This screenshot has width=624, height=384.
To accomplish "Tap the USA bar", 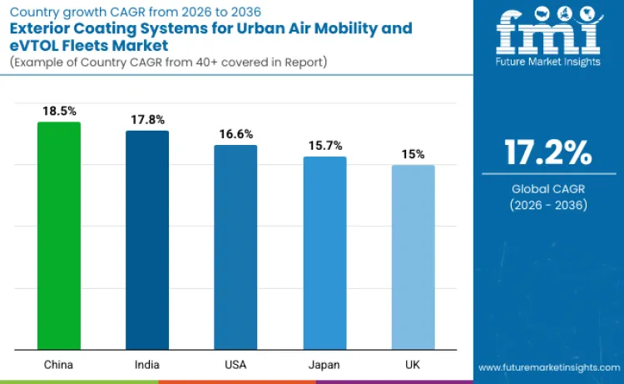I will pyautogui.click(x=235, y=247).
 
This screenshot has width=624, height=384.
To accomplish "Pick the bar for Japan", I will pyautogui.click(x=324, y=253).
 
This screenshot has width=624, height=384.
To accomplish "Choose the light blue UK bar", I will pyautogui.click(x=413, y=257).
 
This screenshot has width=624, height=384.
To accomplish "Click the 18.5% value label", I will pyautogui.click(x=59, y=110).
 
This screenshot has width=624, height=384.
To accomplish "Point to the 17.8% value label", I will pyautogui.click(x=147, y=119).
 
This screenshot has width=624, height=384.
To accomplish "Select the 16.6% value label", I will pyautogui.click(x=235, y=133).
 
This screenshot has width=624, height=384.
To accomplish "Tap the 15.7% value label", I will pyautogui.click(x=324, y=145).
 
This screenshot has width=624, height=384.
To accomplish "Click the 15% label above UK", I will pyautogui.click(x=413, y=154).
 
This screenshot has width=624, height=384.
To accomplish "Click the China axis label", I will pyautogui.click(x=59, y=365).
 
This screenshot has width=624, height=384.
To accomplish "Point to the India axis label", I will pyautogui.click(x=147, y=365).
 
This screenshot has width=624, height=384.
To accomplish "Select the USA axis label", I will pyautogui.click(x=235, y=365).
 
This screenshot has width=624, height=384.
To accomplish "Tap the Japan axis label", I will pyautogui.click(x=324, y=365).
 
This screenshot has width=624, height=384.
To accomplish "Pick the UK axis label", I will pyautogui.click(x=413, y=365).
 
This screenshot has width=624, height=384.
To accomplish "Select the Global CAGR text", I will pyautogui.click(x=548, y=189).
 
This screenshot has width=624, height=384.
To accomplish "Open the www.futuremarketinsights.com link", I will pyautogui.click(x=548, y=367).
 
